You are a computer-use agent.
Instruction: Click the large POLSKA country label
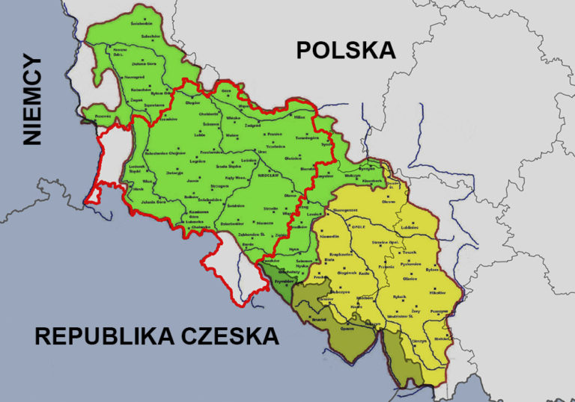[x=345, y=50]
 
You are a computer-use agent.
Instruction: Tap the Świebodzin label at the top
[x=142, y=23]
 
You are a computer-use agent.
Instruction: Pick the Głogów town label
[x=192, y=105]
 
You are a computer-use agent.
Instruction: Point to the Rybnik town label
[x=399, y=297]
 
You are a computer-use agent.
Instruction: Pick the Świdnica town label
[x=237, y=204]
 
